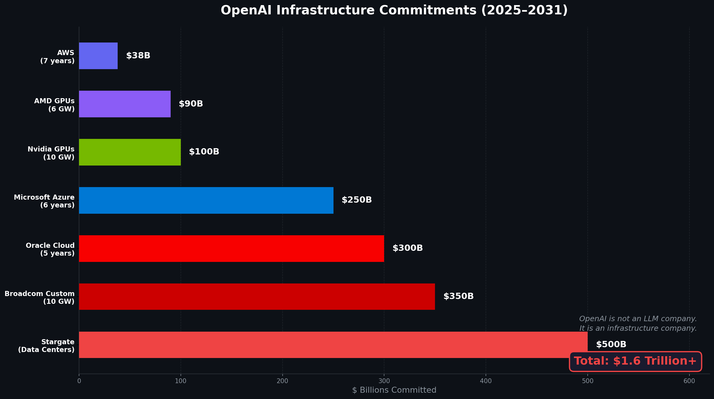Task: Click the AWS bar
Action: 98,56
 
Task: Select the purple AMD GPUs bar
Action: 125,104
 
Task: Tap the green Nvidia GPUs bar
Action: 130,152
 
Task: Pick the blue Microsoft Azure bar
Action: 206,200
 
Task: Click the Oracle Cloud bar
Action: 231,248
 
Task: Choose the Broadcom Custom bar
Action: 257,297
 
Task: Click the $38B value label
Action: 138,56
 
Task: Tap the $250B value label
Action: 357,200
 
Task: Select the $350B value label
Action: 458,296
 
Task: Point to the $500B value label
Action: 611,345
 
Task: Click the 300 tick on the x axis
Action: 384,381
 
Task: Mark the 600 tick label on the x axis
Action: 689,381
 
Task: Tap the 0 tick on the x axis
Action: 79,381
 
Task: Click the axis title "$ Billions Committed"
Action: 394,390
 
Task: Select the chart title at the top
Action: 394,10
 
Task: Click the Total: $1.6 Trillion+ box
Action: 635,361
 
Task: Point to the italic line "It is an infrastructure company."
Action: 638,328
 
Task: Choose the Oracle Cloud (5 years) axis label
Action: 50,249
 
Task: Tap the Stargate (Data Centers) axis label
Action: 46,346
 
